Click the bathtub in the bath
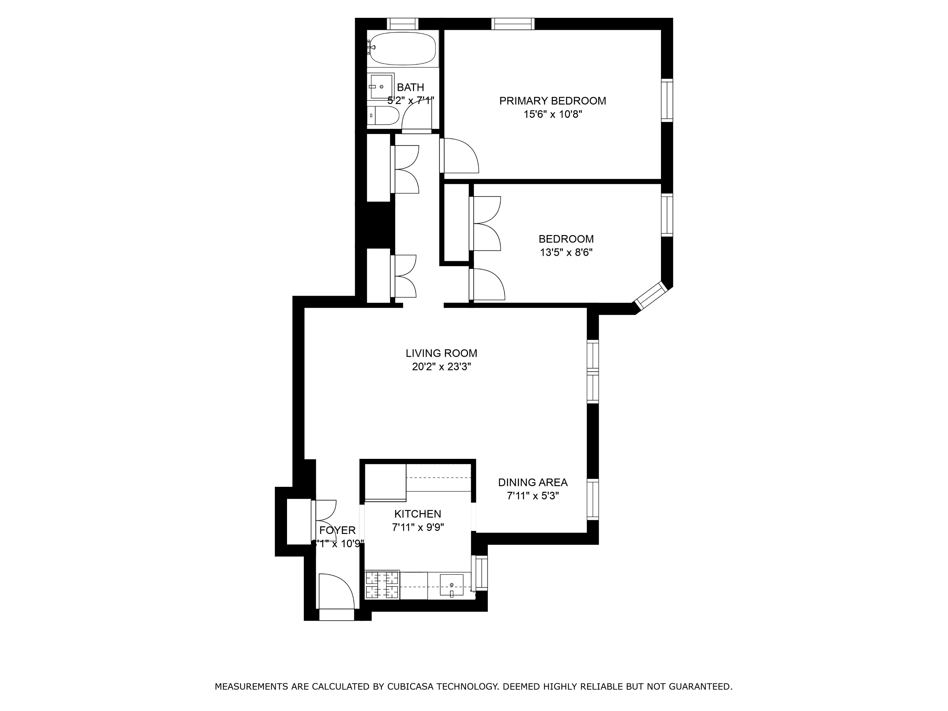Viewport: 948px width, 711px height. (x=403, y=48)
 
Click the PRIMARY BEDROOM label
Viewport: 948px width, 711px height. (x=552, y=101)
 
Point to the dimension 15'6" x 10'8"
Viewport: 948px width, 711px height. (x=552, y=115)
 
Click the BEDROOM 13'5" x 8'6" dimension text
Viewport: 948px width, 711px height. (x=566, y=252)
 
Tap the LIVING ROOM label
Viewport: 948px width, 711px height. (x=441, y=353)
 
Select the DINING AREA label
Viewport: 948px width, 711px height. (x=532, y=482)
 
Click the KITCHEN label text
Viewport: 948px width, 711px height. (x=417, y=513)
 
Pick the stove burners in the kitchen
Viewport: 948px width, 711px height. (x=382, y=586)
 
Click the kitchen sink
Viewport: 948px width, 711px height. (x=451, y=585)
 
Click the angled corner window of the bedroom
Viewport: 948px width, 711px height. (x=650, y=296)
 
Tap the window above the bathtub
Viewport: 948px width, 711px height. (x=403, y=24)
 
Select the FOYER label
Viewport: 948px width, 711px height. (x=337, y=530)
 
